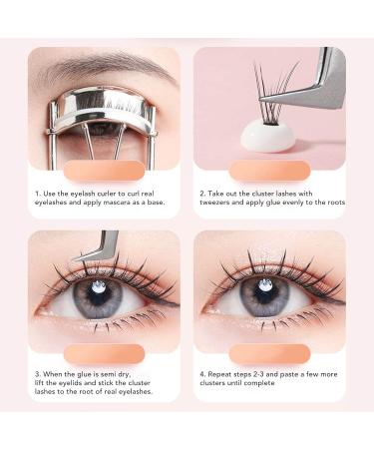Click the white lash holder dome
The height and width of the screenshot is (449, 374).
click(x=268, y=137)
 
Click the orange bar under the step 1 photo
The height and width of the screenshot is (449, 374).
click(x=105, y=171)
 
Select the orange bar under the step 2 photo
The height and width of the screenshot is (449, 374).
click(x=269, y=171)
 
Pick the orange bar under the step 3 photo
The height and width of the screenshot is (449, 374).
click(x=105, y=354)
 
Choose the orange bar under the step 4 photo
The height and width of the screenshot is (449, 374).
click(x=269, y=354)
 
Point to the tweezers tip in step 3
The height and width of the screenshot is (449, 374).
click(x=74, y=258)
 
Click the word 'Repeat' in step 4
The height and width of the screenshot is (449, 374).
click(x=219, y=374)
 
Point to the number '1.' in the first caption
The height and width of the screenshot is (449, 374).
click(x=38, y=194)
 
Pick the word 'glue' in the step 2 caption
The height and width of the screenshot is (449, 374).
click(x=273, y=203)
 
